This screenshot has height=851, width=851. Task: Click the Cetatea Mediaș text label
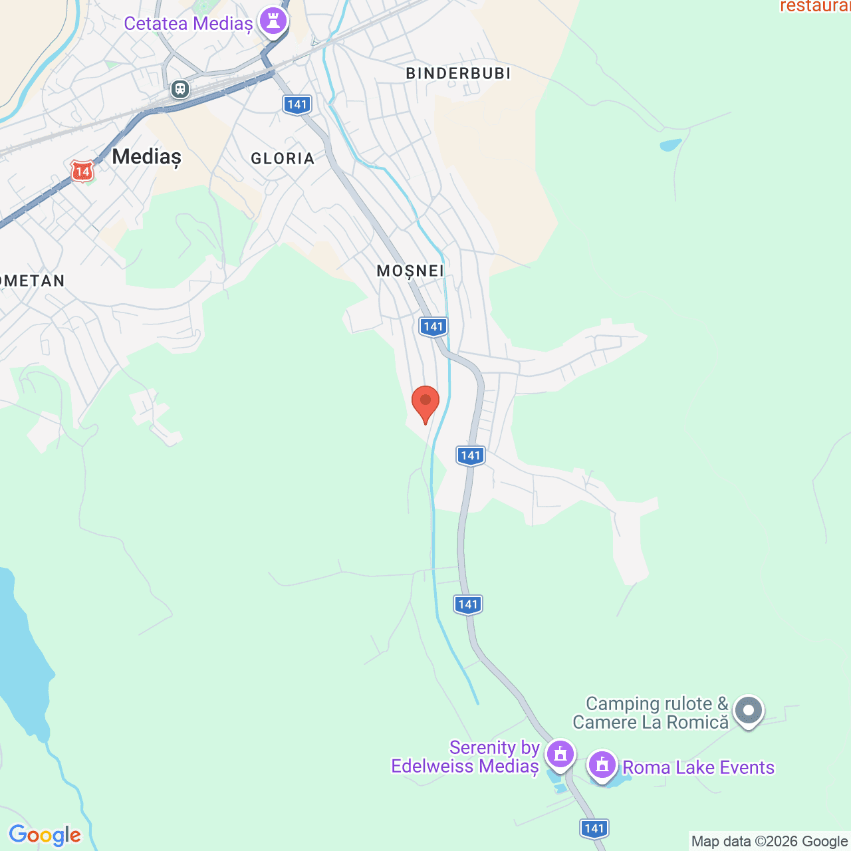pos(188,24)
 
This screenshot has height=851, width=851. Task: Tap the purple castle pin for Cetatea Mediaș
pos(273,20)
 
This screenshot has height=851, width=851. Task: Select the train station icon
pos(180,88)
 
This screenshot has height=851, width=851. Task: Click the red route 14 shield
pos(82,171)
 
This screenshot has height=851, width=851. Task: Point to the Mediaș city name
pos(146,157)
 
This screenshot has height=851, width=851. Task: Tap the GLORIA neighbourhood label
pos(283,158)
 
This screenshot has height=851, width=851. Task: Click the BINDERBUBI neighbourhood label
pos(458,73)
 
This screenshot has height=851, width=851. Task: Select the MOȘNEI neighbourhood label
pos(410,271)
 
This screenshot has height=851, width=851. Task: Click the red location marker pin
pos(425,403)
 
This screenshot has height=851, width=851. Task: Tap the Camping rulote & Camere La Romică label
pos(650,713)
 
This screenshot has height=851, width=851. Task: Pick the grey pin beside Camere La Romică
pos(749,711)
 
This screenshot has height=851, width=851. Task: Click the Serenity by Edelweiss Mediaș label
pos(465,757)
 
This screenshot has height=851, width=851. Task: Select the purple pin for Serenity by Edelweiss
pos(560,754)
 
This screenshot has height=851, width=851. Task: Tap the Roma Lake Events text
pos(698,767)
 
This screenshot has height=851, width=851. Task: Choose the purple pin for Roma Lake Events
pos(602,765)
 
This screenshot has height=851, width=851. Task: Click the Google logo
pos(45,835)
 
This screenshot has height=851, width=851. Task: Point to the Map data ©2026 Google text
pos(769,841)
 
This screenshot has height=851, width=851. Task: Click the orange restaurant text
pos(815,7)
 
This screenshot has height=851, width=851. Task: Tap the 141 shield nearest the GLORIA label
pos(297,104)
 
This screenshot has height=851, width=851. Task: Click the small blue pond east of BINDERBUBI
pos(670,145)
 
